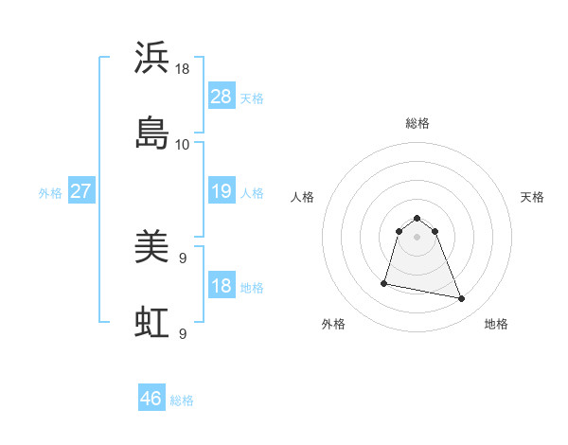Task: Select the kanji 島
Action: (x=151, y=133)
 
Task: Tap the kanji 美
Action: (x=151, y=248)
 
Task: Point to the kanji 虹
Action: (x=151, y=322)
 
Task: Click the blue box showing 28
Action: (x=221, y=97)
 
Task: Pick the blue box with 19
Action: (x=221, y=191)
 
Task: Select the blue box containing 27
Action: (x=80, y=191)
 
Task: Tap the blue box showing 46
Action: (x=151, y=399)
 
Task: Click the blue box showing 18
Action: (x=221, y=286)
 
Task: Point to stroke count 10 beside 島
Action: (x=182, y=145)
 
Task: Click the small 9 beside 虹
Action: (x=182, y=333)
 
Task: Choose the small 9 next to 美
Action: (x=182, y=258)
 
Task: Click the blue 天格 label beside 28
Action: (x=252, y=98)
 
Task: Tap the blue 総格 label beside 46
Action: (x=182, y=400)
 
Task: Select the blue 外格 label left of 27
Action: (x=50, y=192)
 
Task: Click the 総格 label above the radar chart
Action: (x=417, y=123)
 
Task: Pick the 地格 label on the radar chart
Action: (x=496, y=324)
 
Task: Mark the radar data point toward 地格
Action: (x=461, y=299)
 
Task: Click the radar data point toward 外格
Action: (x=384, y=282)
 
